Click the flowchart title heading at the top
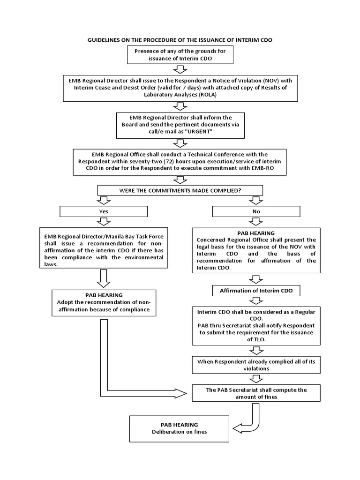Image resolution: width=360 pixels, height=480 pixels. (180, 40)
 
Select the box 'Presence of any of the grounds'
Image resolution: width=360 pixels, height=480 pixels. (180, 55)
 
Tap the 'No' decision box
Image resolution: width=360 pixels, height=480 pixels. (256, 211)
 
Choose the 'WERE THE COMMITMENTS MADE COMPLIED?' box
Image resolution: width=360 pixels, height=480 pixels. (180, 190)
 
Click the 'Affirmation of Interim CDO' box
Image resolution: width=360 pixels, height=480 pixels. (256, 291)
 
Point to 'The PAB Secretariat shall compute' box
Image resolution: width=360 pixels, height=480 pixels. (256, 393)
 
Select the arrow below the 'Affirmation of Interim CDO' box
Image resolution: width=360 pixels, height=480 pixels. (256, 302)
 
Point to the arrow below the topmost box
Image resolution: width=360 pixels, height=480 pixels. (180, 70)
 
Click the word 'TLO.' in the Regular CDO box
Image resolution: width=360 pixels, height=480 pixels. (256, 339)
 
